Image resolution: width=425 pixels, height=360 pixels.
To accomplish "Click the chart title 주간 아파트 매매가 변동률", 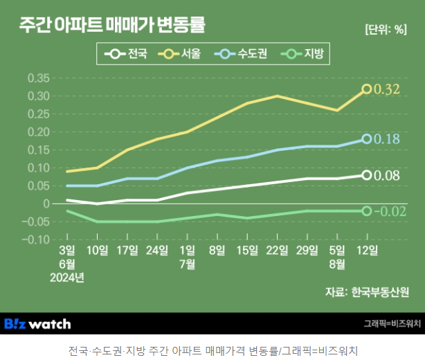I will (x=112, y=26).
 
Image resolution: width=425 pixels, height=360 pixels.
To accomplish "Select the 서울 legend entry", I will (x=179, y=53).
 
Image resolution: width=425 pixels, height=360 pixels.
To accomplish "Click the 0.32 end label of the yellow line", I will (x=387, y=89).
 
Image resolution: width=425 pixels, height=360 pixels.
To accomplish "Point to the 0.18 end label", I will (x=387, y=139).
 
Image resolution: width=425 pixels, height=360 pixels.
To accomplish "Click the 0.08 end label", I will (x=387, y=175).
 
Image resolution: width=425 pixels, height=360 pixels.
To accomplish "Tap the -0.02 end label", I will (x=389, y=211).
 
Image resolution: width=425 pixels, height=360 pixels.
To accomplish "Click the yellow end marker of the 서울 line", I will (x=367, y=89).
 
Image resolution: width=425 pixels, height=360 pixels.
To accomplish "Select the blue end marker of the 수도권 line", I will (x=367, y=139).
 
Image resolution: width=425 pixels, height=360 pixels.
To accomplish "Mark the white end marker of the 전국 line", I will (x=367, y=175).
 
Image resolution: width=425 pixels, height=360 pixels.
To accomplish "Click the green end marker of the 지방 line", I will (x=367, y=210).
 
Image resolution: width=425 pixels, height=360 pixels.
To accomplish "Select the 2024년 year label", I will (x=66, y=278).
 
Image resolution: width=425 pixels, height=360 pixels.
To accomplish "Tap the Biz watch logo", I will (x=37, y=323).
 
